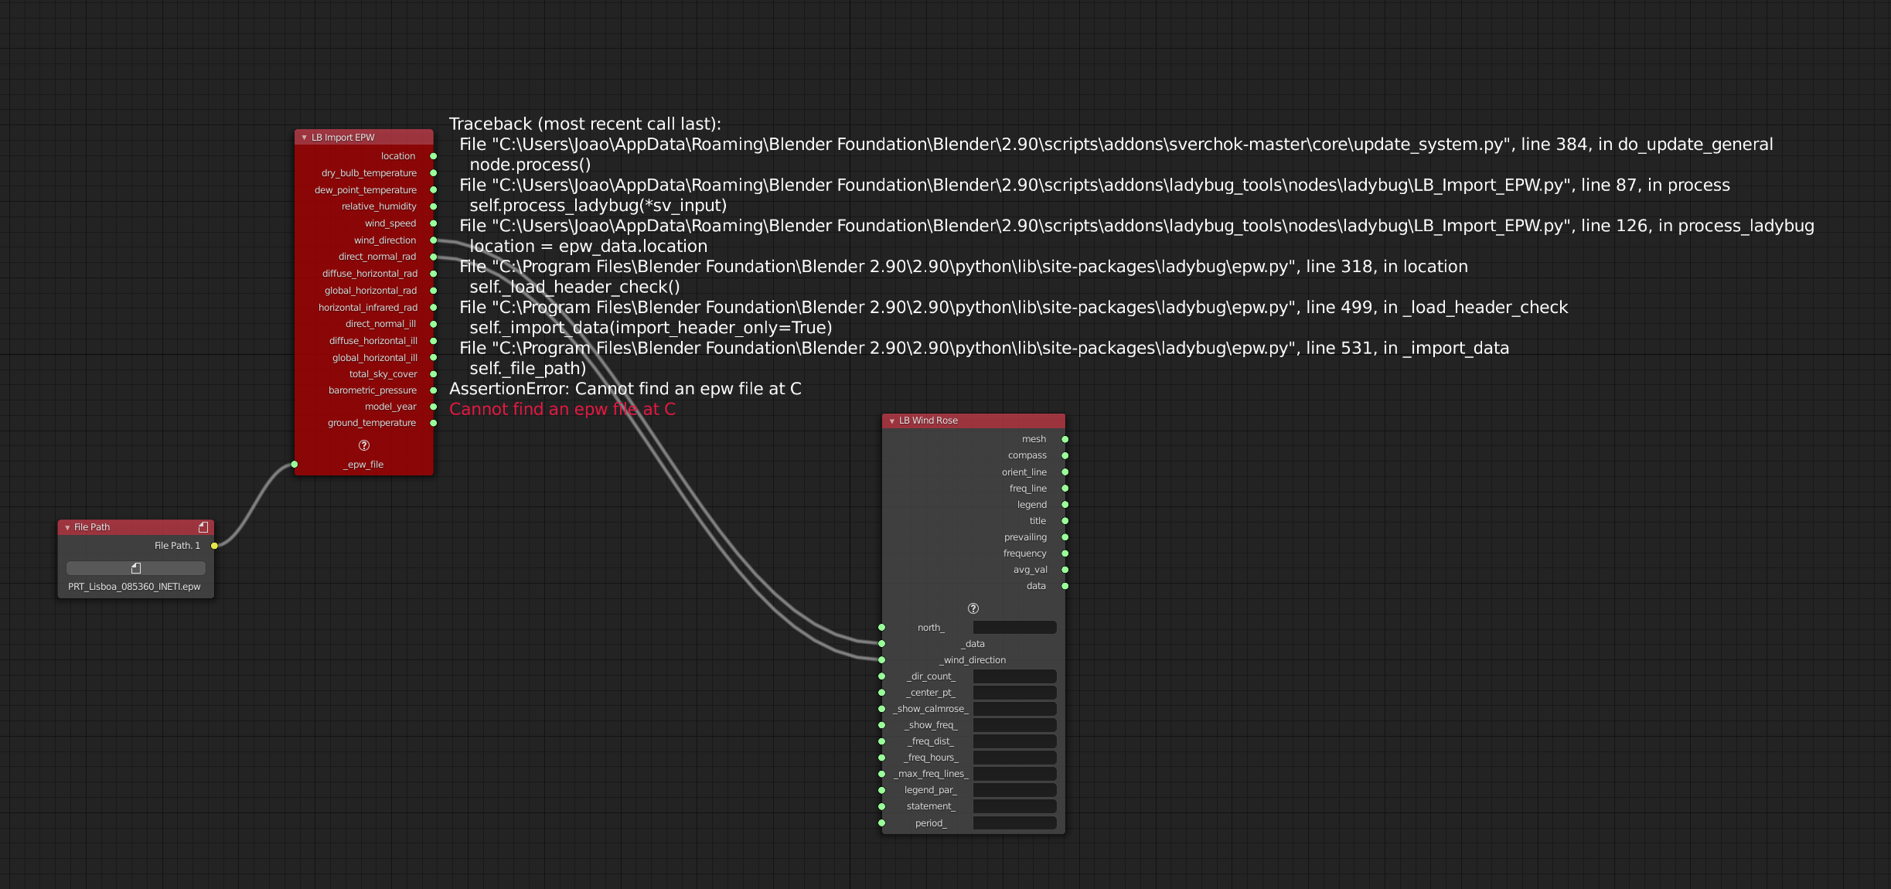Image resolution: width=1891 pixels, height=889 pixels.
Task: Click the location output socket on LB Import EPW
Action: pyautogui.click(x=434, y=156)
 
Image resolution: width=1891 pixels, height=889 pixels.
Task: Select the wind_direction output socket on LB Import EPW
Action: pyautogui.click(x=434, y=240)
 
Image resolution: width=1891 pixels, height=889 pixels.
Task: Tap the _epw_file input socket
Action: pyautogui.click(x=295, y=465)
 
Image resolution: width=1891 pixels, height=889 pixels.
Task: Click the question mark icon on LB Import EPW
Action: pyautogui.click(x=364, y=445)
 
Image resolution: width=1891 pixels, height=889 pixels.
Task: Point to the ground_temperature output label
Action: pyautogui.click(x=371, y=423)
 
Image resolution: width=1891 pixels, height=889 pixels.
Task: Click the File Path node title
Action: pyautogui.click(x=92, y=527)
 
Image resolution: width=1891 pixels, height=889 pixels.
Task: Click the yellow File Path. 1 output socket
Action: pyautogui.click(x=215, y=546)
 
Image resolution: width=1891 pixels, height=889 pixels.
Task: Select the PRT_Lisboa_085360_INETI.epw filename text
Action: pyautogui.click(x=134, y=587)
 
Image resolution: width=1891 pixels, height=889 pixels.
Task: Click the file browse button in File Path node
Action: pyautogui.click(x=136, y=568)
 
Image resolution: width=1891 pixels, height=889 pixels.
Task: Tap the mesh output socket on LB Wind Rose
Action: pyautogui.click(x=1065, y=439)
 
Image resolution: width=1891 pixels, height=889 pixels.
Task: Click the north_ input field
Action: pyautogui.click(x=1014, y=628)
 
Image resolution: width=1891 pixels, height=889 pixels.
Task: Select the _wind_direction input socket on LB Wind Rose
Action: pyautogui.click(x=882, y=660)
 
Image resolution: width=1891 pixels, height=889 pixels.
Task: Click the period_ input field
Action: pyautogui.click(x=1014, y=823)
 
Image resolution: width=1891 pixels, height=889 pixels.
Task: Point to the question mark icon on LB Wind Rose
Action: pyautogui.click(x=973, y=608)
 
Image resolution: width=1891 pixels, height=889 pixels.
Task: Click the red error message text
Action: pyautogui.click(x=562, y=409)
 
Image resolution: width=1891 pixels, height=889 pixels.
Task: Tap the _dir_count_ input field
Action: pyautogui.click(x=1014, y=676)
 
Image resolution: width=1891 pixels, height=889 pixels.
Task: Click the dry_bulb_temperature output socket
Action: pyautogui.click(x=434, y=173)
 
